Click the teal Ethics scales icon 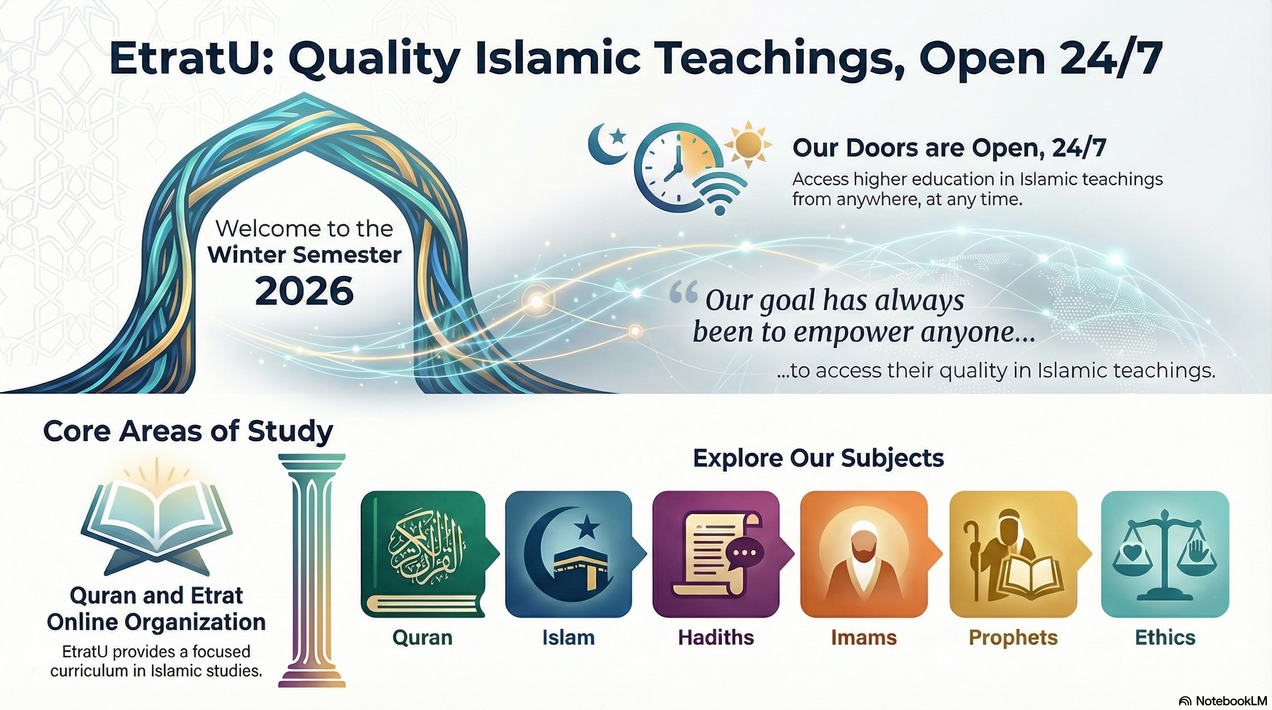click(1165, 554)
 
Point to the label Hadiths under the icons click(716, 637)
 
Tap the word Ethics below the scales click(1165, 637)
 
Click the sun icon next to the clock click(747, 144)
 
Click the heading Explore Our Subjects click(818, 458)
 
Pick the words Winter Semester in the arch click(304, 255)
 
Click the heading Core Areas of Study click(188, 431)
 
